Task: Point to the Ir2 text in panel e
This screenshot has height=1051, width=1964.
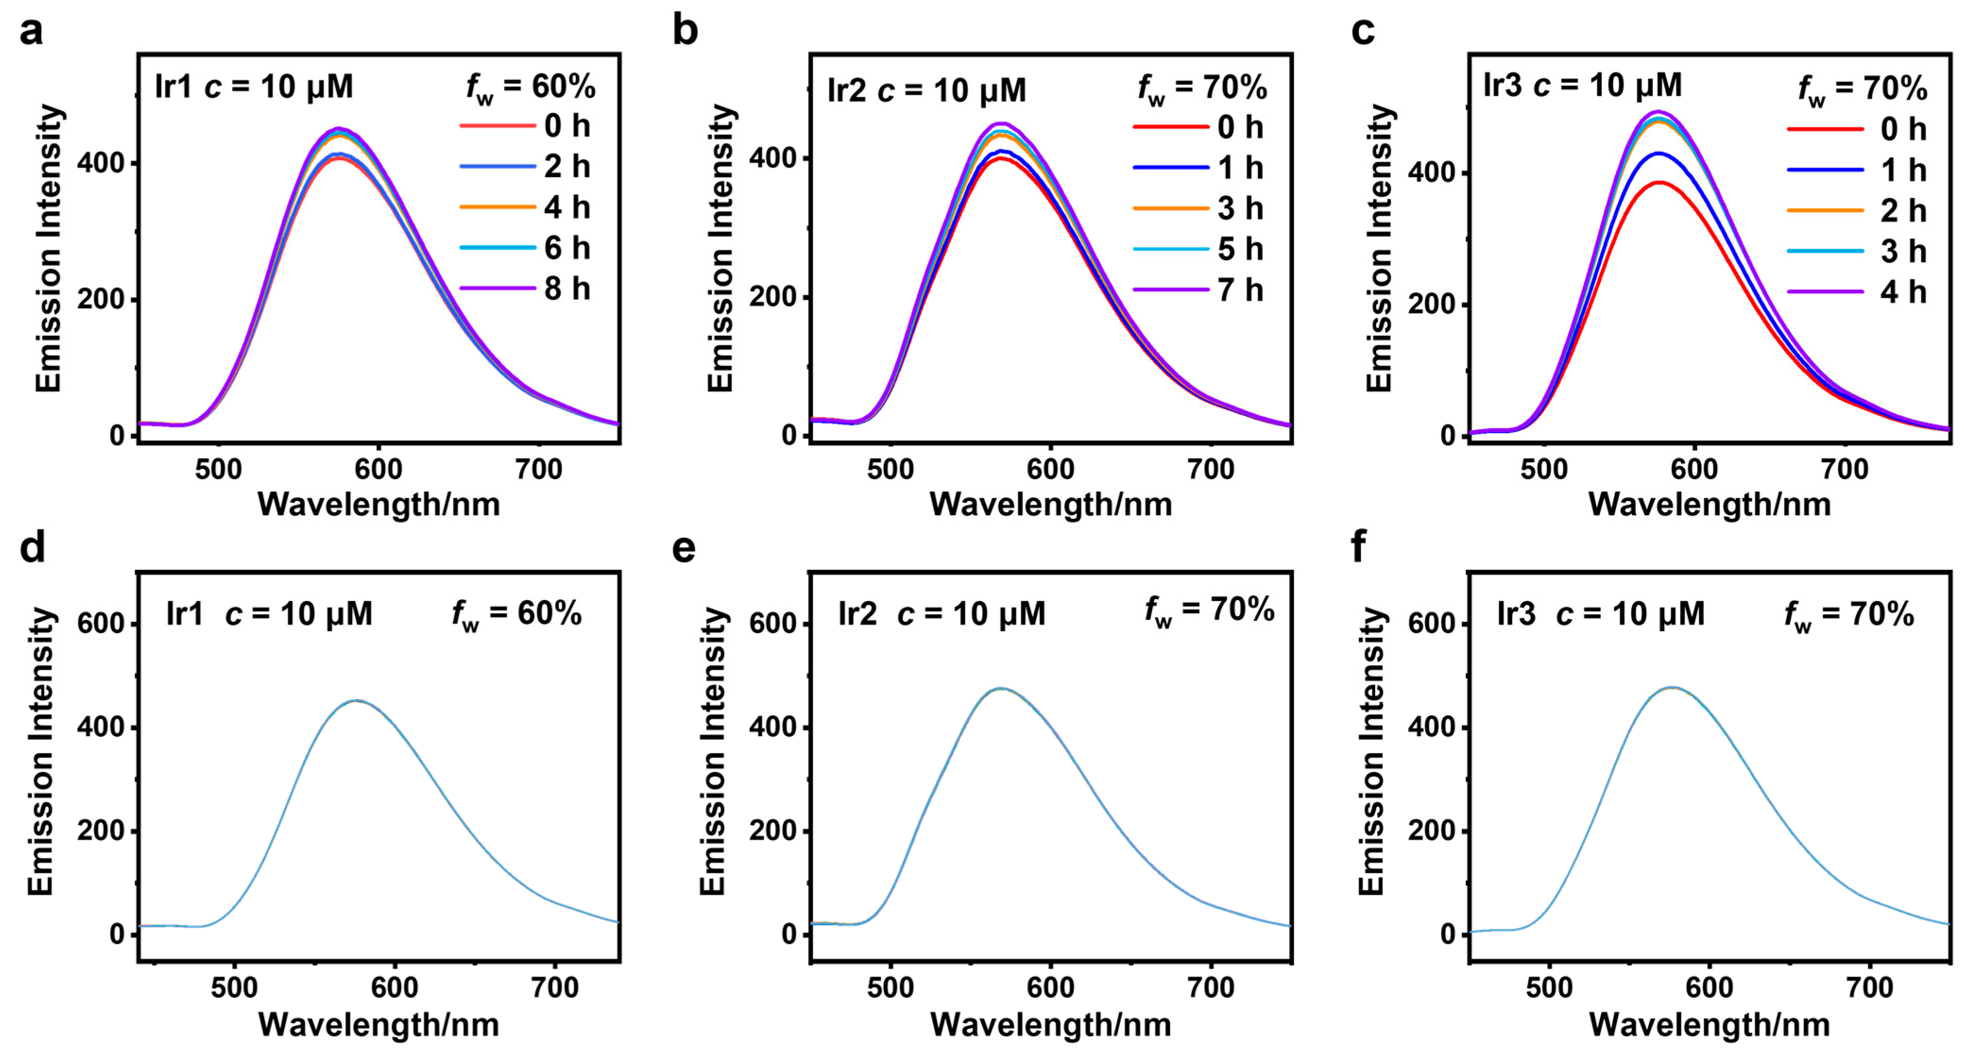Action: (x=857, y=613)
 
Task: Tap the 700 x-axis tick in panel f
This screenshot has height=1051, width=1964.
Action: (x=1870, y=988)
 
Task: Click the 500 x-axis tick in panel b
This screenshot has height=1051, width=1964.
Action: (x=891, y=469)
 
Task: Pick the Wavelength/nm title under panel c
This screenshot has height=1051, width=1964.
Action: (x=1709, y=505)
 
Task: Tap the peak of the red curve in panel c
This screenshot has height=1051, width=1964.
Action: (x=1659, y=182)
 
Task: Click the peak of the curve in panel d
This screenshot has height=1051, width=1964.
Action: (x=356, y=700)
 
